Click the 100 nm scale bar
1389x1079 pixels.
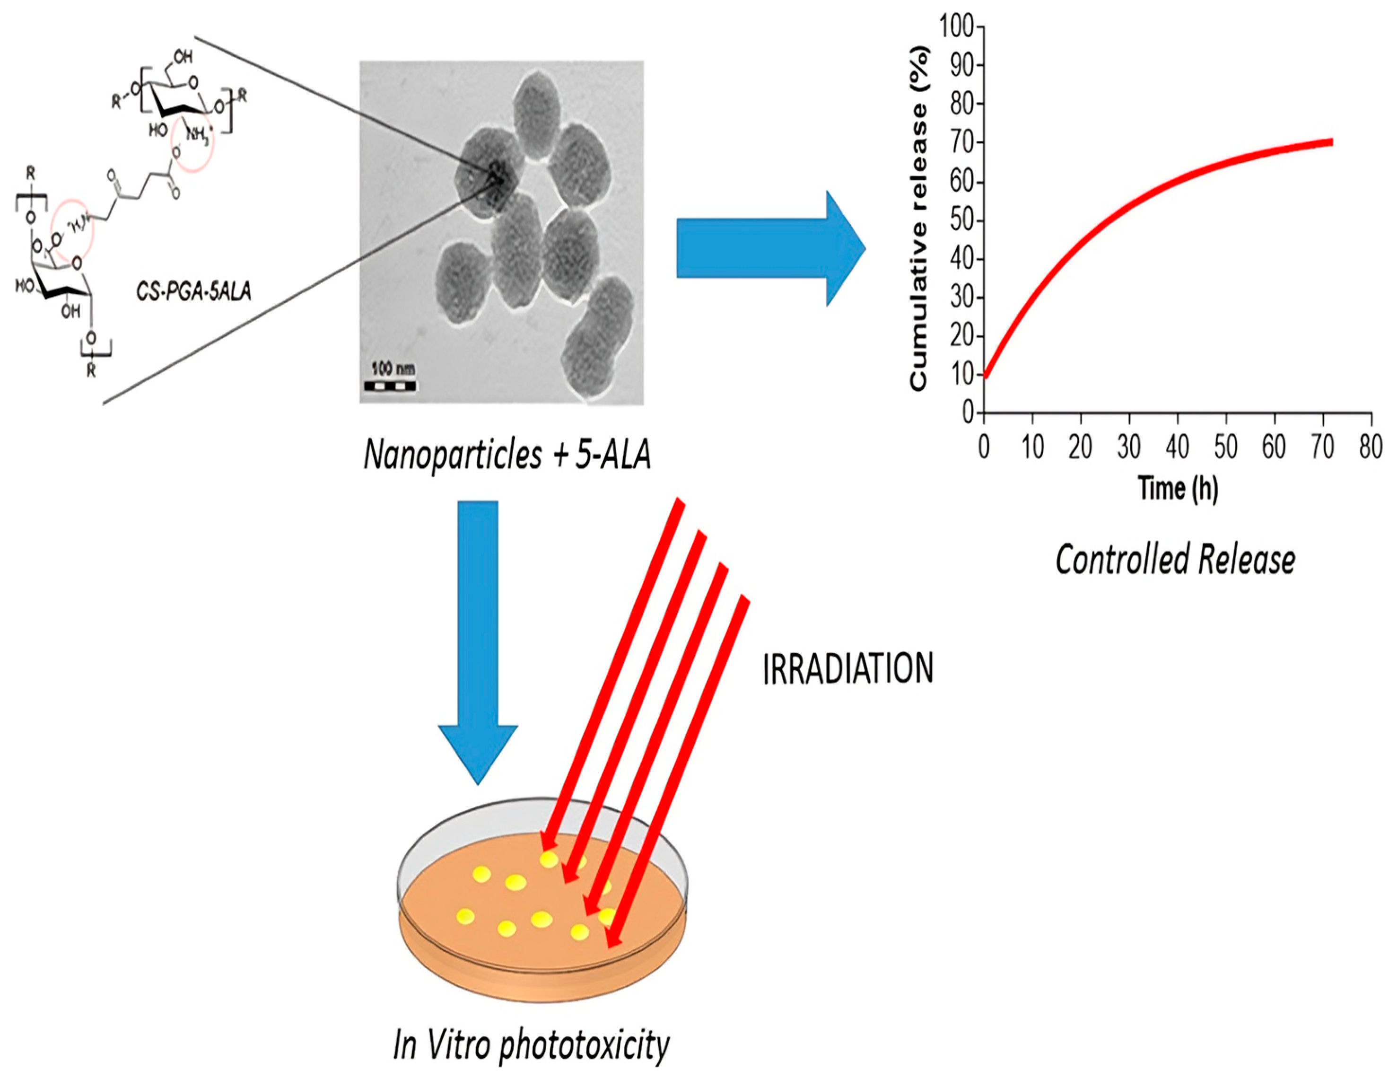[x=390, y=385]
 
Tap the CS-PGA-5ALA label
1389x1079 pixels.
[x=194, y=291]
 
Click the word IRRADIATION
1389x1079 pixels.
[x=848, y=669]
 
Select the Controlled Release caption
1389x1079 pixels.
[x=1175, y=560]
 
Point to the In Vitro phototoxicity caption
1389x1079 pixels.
[x=531, y=1045]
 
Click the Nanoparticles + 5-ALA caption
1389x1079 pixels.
[x=507, y=455]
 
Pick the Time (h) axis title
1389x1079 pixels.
[x=1178, y=488]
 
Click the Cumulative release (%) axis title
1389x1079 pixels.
[x=919, y=218]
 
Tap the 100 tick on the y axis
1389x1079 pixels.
[x=957, y=26]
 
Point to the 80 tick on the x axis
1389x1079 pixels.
[x=1371, y=447]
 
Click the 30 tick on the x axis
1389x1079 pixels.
[x=1129, y=447]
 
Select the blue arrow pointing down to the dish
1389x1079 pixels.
[x=478, y=642]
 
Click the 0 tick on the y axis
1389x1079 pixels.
[x=969, y=413]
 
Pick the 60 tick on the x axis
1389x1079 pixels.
[x=1274, y=447]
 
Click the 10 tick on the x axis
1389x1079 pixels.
[x=1032, y=447]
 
